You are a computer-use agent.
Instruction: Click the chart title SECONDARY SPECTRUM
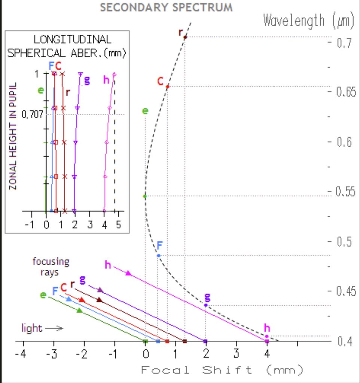(x=166, y=7)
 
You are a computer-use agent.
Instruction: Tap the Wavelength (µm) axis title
(x=309, y=21)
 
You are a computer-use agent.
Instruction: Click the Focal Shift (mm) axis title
(x=222, y=370)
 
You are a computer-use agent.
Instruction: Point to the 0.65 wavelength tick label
(x=346, y=92)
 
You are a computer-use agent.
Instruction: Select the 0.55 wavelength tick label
(x=345, y=191)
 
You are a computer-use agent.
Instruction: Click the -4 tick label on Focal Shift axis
(x=21, y=354)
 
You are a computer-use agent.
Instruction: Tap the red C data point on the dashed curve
(x=167, y=87)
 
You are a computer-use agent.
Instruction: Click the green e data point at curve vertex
(x=145, y=196)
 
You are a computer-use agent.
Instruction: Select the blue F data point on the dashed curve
(x=158, y=255)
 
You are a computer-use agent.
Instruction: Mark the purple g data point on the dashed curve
(x=206, y=305)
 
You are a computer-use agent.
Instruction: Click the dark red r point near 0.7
(x=185, y=37)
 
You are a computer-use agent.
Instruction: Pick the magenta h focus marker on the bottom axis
(x=267, y=341)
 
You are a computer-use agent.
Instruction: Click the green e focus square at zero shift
(x=146, y=341)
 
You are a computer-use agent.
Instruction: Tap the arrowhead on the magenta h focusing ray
(x=128, y=273)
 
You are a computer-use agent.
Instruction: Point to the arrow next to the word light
(x=54, y=328)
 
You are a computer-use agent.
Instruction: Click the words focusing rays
(x=51, y=267)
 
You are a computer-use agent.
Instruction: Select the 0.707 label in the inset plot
(x=32, y=114)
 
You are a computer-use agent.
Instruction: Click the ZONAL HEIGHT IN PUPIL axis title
(x=13, y=136)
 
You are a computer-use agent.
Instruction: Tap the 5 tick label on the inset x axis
(x=119, y=224)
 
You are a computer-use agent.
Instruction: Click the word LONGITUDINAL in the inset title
(x=72, y=40)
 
